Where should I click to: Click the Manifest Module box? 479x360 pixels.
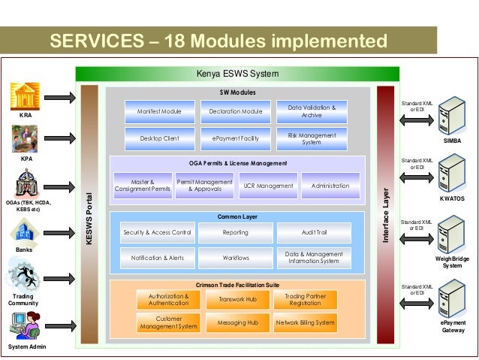click(159, 112)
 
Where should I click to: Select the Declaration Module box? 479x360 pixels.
click(236, 112)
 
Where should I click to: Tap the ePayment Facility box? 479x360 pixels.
click(236, 138)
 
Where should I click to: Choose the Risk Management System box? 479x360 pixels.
click(312, 138)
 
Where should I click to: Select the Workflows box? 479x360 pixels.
click(236, 258)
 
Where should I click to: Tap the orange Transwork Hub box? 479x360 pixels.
click(237, 299)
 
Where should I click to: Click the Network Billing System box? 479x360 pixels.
click(305, 322)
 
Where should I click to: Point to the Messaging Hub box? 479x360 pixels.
click(237, 322)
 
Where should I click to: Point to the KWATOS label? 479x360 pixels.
click(452, 199)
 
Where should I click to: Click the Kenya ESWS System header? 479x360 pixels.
click(237, 74)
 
